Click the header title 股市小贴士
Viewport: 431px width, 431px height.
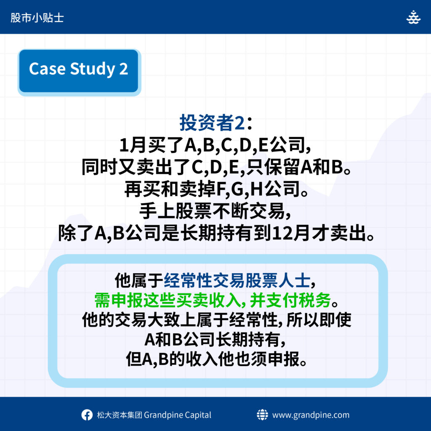[37, 18]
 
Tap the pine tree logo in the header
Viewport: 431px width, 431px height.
[413, 17]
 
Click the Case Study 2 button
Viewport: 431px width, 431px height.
[79, 72]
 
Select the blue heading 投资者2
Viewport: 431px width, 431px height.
[212, 122]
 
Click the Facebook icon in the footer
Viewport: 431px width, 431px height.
[87, 415]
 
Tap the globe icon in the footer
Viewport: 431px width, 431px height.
[262, 415]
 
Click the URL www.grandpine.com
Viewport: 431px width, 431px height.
[311, 415]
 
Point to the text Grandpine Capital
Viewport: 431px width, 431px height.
[178, 415]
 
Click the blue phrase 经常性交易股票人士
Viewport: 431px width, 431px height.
[237, 281]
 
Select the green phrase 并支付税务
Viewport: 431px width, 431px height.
[290, 300]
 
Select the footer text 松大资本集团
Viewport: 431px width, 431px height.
[119, 415]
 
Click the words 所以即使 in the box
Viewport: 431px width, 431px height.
[319, 320]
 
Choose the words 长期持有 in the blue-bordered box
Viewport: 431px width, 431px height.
[248, 340]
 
